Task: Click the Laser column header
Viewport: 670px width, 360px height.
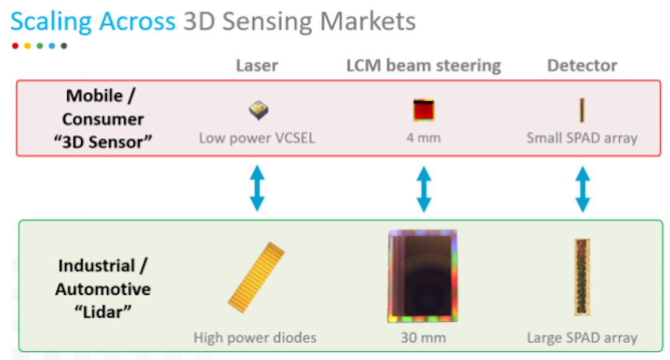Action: point(257,66)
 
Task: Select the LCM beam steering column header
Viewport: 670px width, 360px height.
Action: point(424,66)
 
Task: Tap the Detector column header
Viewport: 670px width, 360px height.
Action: point(582,66)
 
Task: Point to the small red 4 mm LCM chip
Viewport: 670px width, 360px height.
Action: point(424,110)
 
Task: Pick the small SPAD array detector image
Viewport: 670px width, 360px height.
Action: point(582,110)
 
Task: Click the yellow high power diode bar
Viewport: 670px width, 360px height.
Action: point(256,277)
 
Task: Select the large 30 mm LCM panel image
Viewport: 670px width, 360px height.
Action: point(422,276)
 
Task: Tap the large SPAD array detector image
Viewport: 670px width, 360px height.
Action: point(582,277)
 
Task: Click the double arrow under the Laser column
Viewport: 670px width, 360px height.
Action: point(257,187)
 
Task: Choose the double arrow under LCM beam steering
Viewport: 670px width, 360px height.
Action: point(424,187)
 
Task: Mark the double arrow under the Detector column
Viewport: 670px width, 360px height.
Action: point(582,187)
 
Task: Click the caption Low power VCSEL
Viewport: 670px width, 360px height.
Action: point(257,138)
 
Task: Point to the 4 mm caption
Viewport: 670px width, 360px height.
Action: point(424,138)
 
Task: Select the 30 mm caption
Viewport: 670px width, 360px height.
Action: point(423,338)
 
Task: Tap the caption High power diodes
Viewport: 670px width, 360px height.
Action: point(255,338)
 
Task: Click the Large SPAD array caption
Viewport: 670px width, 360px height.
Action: point(582,338)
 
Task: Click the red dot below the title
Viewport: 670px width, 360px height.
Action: point(15,46)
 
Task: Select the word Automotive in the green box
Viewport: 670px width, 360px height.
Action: point(103,289)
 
